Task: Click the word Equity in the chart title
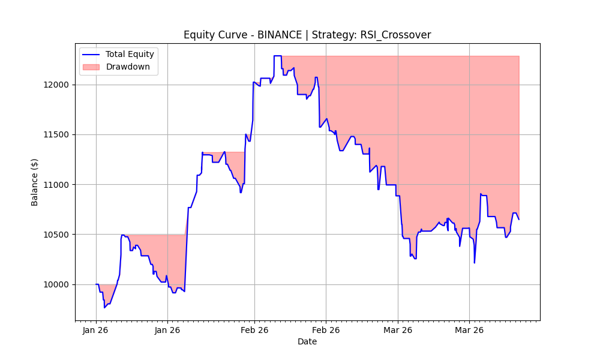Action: [198, 35]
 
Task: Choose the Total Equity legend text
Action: [130, 54]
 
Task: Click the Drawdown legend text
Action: [128, 67]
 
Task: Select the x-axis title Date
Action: [307, 342]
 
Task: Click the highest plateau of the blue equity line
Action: [277, 56]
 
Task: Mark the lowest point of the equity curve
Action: [104, 308]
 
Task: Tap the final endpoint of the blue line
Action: [519, 220]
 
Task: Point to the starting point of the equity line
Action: [96, 284]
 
